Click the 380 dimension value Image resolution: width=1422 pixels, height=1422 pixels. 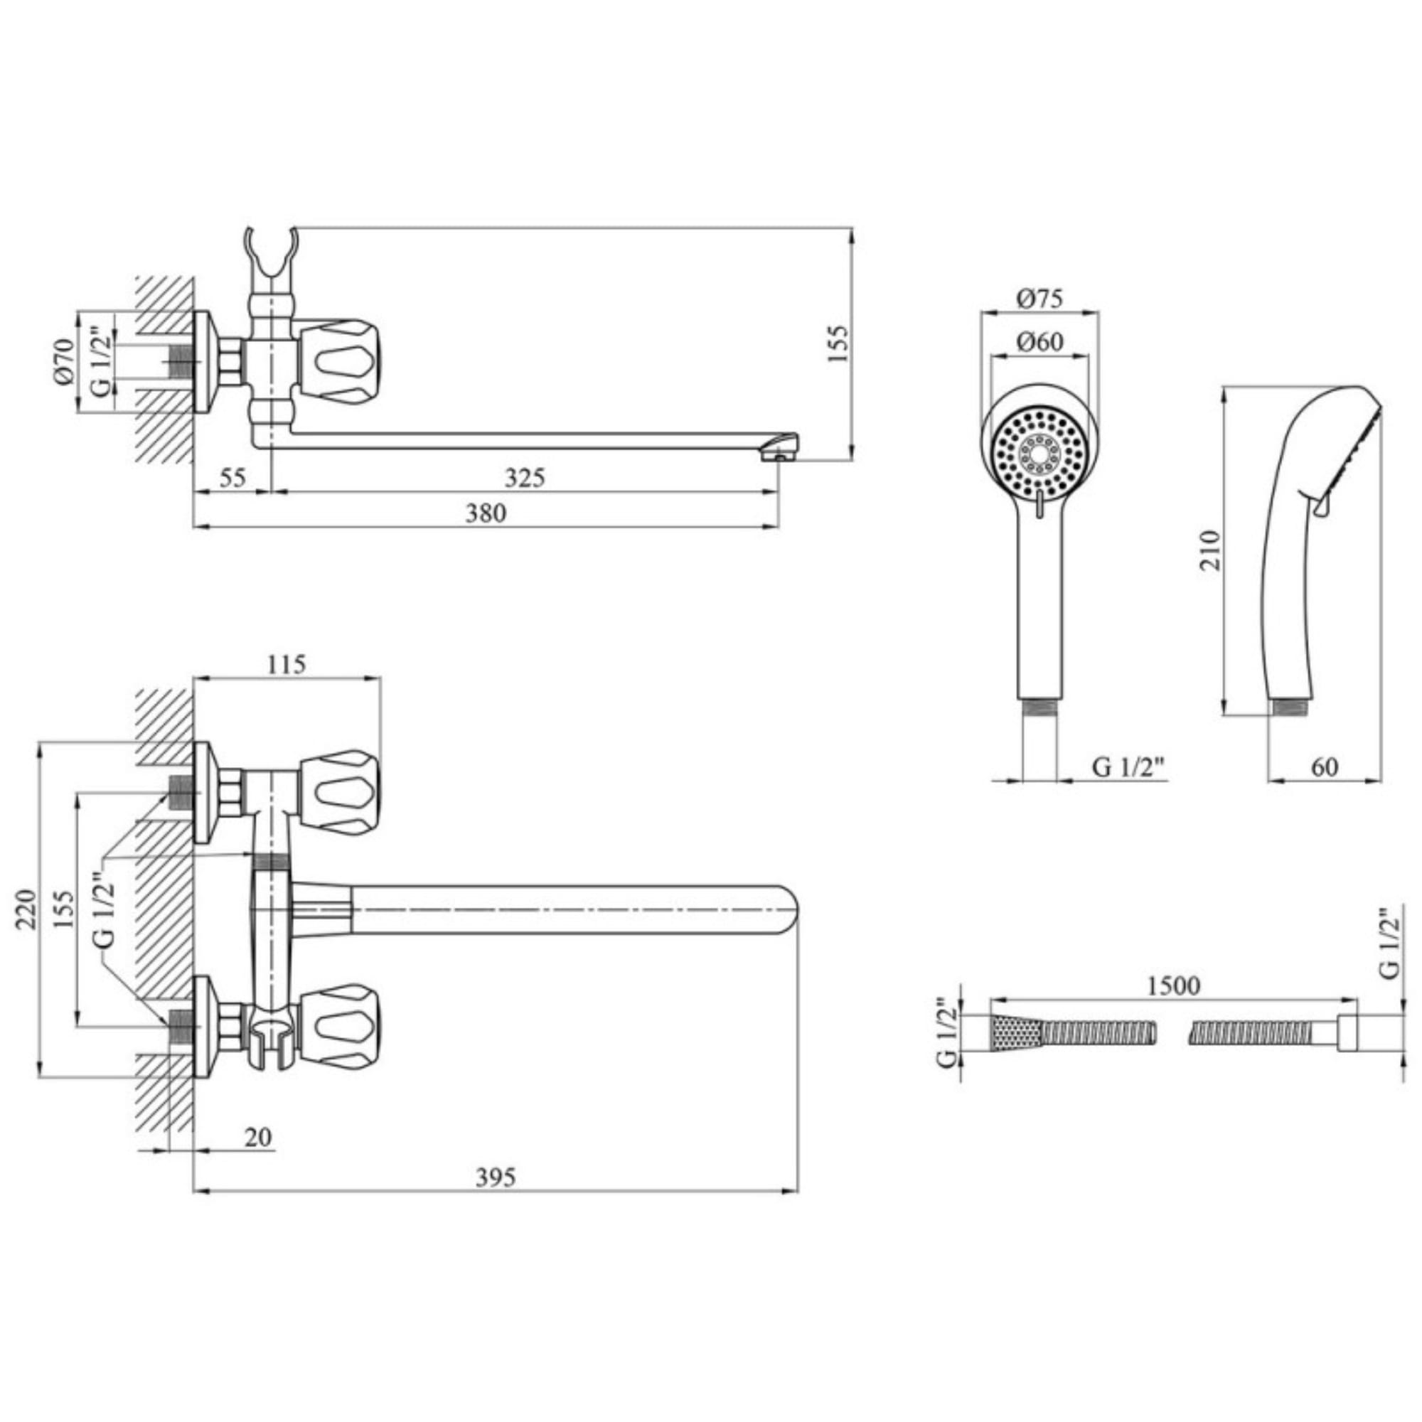(x=486, y=513)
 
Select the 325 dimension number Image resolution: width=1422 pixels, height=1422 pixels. (x=525, y=478)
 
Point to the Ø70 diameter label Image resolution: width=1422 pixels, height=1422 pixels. (x=64, y=361)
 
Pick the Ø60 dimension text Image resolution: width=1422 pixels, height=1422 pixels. (x=1039, y=341)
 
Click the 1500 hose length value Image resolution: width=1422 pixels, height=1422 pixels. (x=1173, y=985)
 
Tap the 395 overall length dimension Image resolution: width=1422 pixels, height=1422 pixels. (x=496, y=1177)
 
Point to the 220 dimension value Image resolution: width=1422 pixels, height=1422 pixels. (x=26, y=910)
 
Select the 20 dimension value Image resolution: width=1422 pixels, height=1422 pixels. (x=257, y=1137)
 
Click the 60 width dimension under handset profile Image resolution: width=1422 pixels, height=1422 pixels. (x=1324, y=766)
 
